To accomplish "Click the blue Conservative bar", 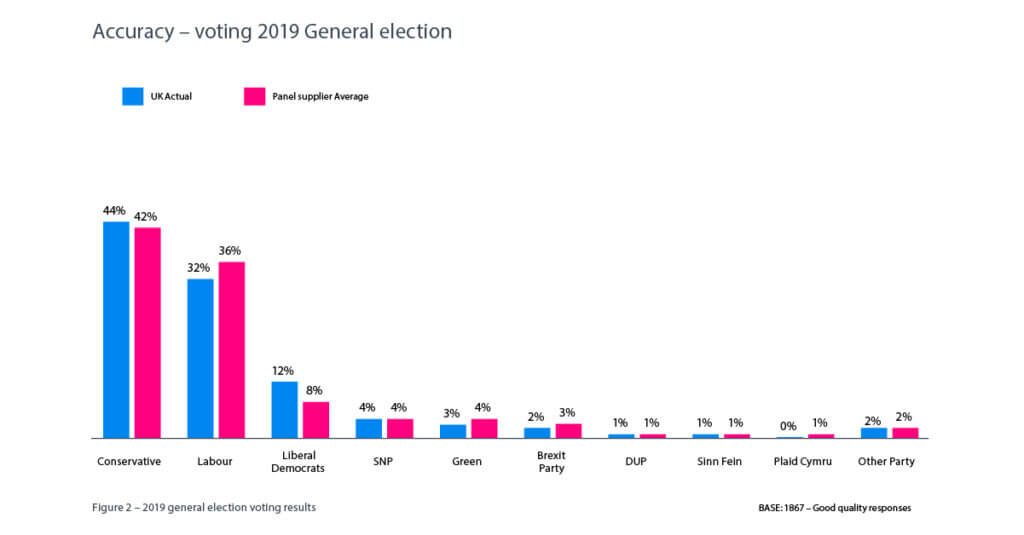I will tap(116, 330).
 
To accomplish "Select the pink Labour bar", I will tap(232, 350).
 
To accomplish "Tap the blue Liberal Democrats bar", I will tap(284, 410).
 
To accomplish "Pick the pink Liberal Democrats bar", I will tap(316, 420).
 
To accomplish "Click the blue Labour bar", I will tap(200, 358).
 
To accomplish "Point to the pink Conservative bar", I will tap(148, 333).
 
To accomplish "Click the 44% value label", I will tap(114, 211).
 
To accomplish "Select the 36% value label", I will tap(230, 251).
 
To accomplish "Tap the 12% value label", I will tap(283, 371).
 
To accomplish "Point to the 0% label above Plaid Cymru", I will tap(788, 427).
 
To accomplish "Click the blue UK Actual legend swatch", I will tap(133, 96).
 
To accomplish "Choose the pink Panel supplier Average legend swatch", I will tap(255, 96).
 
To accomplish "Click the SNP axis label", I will tap(384, 462).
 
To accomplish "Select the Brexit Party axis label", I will tap(552, 462).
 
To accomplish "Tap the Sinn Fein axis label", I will tap(720, 462).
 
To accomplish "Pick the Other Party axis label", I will tap(886, 462).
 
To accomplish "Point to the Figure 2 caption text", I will tap(204, 507).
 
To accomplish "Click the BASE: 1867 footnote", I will tap(834, 508).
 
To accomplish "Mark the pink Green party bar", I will tap(484, 428).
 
